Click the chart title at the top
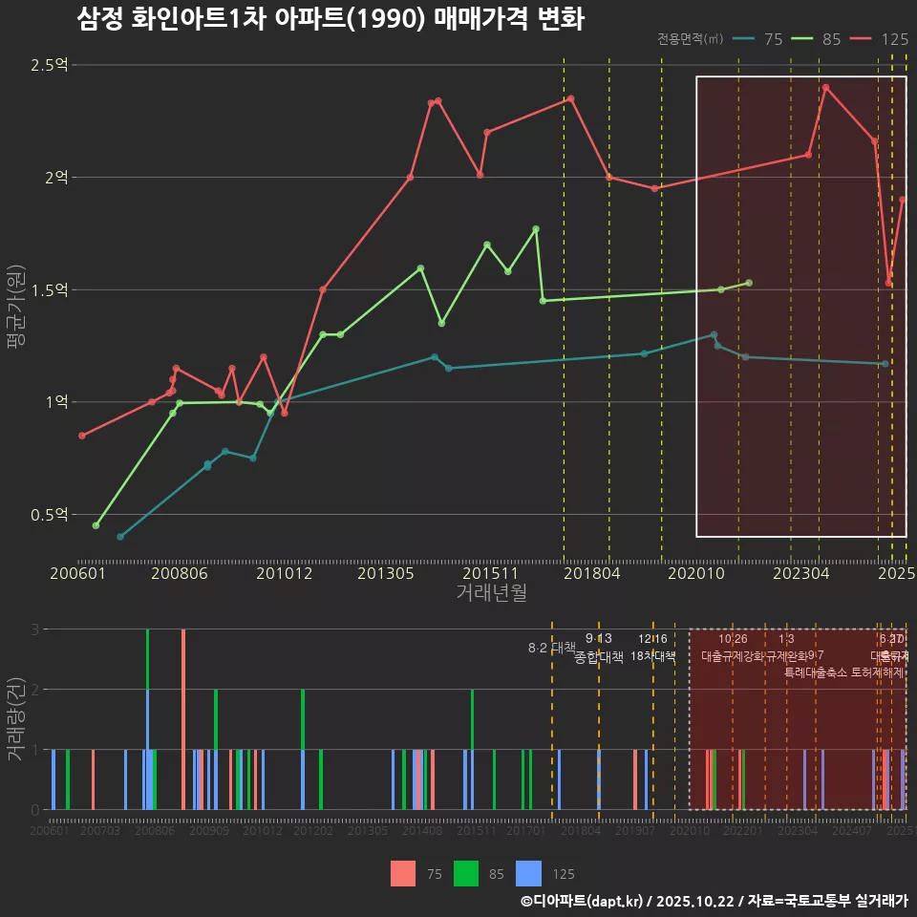[x=330, y=18]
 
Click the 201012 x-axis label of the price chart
[x=284, y=573]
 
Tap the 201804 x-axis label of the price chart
[x=591, y=573]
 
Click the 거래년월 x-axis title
[x=491, y=592]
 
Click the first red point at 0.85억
[x=82, y=436]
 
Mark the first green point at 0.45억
[x=96, y=525]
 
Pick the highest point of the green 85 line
[x=536, y=229]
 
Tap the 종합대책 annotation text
[x=599, y=657]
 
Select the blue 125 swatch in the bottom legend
[x=528, y=873]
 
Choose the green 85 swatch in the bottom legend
[x=465, y=873]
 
